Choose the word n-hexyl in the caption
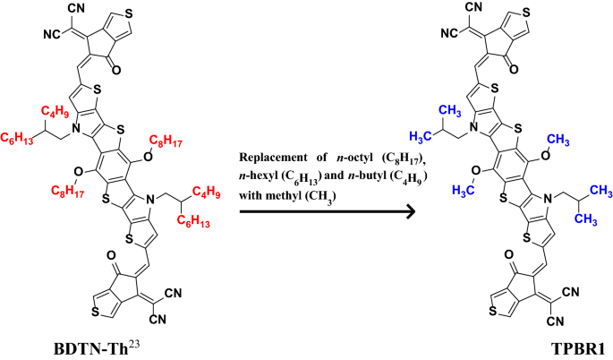(x=260, y=176)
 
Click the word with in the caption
(x=251, y=193)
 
